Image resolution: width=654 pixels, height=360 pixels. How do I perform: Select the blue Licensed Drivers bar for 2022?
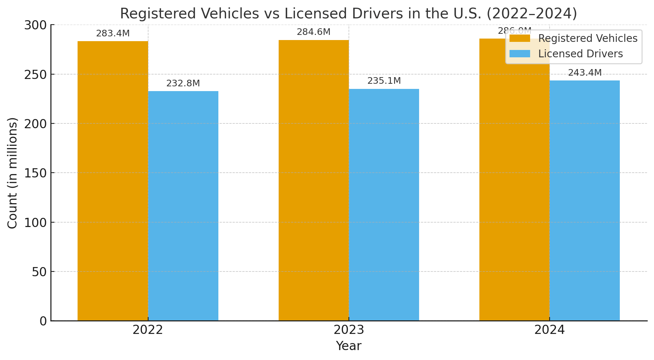(x=183, y=206)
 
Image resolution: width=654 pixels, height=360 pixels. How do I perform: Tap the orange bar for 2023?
(x=314, y=180)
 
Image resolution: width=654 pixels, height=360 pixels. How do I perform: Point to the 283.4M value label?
(x=113, y=33)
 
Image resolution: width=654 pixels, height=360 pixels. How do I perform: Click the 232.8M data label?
(x=183, y=83)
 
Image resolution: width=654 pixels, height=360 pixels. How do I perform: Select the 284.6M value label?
(x=314, y=32)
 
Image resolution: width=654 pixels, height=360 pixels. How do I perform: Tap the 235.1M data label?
(x=384, y=81)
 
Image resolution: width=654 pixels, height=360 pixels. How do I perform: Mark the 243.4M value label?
(x=585, y=73)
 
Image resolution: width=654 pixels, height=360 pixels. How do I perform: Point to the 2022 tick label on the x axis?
(x=148, y=330)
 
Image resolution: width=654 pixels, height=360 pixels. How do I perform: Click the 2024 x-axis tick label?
(x=549, y=330)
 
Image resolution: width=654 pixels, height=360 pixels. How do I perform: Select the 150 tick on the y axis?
(x=35, y=173)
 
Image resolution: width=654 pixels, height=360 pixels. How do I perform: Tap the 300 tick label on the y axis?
(x=35, y=25)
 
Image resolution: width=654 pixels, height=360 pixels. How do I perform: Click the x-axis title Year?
(x=349, y=346)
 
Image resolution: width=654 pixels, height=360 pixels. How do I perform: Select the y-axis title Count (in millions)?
(x=12, y=173)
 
